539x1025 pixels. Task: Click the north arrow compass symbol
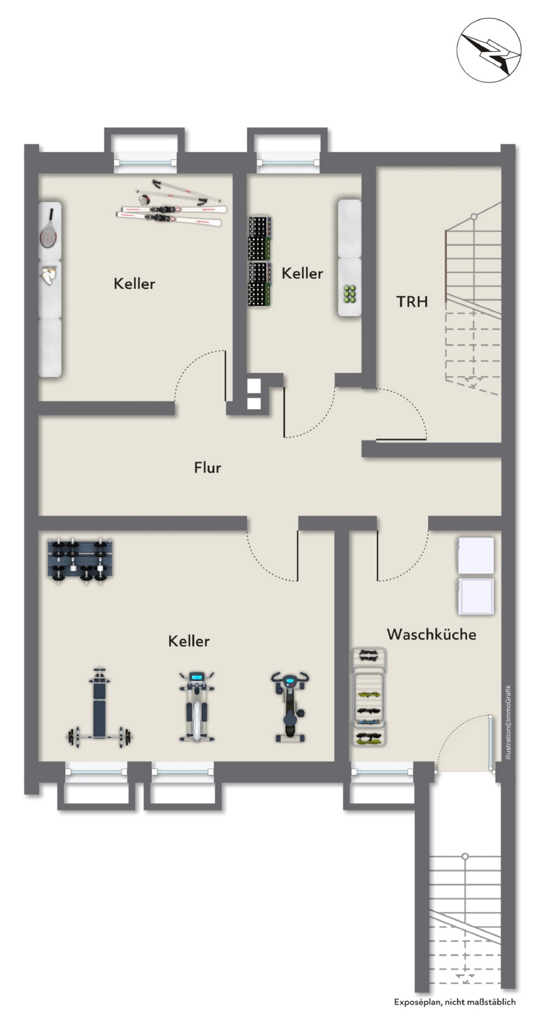[488, 50]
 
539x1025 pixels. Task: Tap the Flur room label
[207, 467]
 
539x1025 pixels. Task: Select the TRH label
[412, 301]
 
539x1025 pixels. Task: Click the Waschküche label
[431, 634]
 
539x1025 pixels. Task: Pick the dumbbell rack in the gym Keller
[80, 561]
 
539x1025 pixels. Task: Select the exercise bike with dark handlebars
[290, 706]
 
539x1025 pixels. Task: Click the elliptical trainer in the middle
[197, 706]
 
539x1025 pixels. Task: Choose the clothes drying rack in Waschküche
[369, 697]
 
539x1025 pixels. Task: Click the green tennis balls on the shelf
[350, 294]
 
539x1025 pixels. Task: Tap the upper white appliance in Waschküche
[475, 556]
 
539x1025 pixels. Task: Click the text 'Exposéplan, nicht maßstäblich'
[454, 1001]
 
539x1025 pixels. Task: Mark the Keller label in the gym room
[189, 641]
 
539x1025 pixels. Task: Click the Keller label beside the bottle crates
[302, 273]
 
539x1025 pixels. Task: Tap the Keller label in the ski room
[134, 283]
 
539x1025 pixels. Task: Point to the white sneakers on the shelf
[49, 276]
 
